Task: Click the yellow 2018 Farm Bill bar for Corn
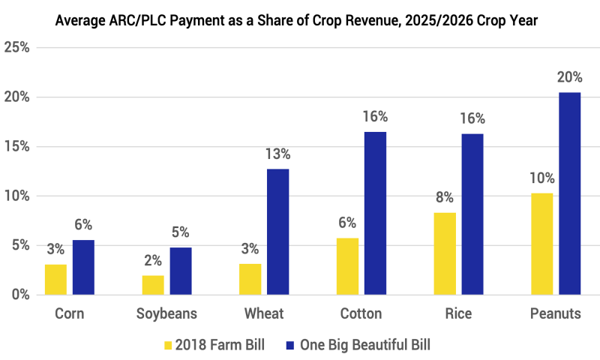click(55, 279)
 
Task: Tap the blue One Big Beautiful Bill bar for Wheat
click(277, 232)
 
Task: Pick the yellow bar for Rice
click(445, 253)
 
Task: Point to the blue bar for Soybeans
click(181, 271)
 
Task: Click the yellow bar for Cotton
click(347, 266)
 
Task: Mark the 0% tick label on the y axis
click(19, 295)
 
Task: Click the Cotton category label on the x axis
click(361, 314)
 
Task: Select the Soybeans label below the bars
click(166, 314)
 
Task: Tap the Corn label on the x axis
click(69, 314)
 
